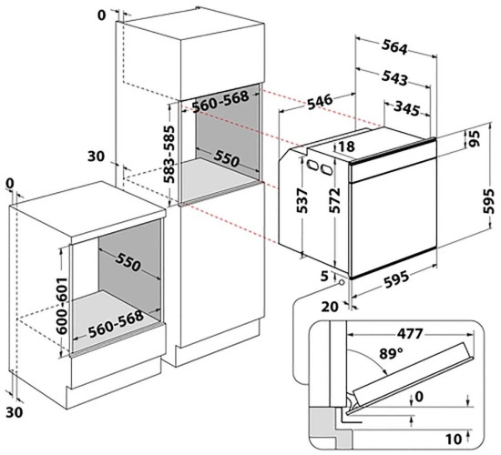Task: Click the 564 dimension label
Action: point(395,47)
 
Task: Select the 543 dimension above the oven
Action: point(395,77)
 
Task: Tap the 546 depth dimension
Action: point(320,102)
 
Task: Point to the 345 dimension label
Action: point(406,108)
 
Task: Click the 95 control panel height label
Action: point(475,138)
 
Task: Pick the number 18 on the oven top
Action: point(346,147)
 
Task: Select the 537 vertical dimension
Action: point(302,200)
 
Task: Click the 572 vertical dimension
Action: point(334,200)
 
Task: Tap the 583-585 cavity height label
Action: point(169,154)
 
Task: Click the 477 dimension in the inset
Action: point(410,334)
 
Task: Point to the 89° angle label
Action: point(391,353)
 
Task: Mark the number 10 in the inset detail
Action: point(454,440)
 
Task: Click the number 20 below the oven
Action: point(330,307)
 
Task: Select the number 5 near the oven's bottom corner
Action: point(324,277)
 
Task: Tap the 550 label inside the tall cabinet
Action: point(226,158)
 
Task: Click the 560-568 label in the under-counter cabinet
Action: point(116,324)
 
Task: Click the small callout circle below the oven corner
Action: point(342,282)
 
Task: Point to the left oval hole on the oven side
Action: point(312,165)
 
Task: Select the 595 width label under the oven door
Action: point(396,279)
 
